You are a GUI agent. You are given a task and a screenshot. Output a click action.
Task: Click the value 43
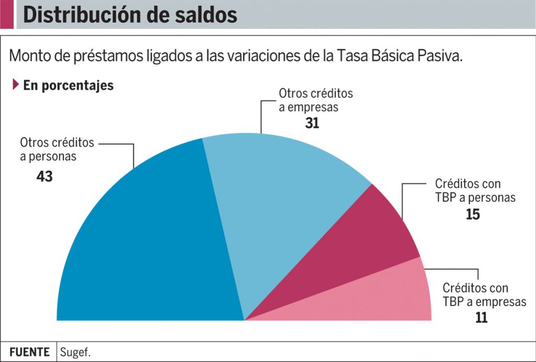(x=44, y=177)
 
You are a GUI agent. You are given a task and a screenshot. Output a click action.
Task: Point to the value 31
(x=312, y=123)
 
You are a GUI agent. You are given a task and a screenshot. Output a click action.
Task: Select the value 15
(x=473, y=215)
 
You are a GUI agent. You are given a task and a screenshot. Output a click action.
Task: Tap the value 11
(x=481, y=317)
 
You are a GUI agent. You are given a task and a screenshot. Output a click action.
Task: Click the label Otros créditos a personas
(x=57, y=149)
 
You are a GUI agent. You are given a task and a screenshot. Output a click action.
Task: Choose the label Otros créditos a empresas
(x=316, y=100)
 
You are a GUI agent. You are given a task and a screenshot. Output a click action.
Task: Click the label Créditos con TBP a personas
(x=475, y=191)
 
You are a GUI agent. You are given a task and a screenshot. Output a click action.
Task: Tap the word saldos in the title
(x=204, y=15)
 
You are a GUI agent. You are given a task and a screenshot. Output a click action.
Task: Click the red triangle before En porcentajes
(x=16, y=84)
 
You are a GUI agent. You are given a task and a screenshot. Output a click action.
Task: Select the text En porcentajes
(x=68, y=85)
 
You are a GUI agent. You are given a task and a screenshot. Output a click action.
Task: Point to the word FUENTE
(x=29, y=352)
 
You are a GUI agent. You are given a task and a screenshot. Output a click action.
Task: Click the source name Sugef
(x=72, y=352)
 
